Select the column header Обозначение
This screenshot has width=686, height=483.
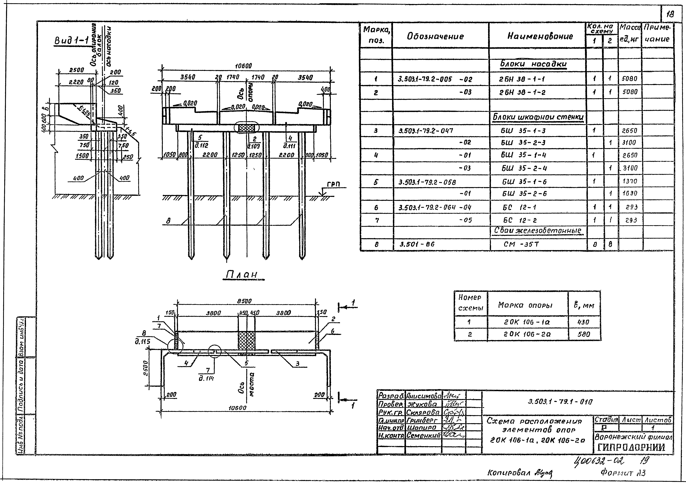(x=435, y=36)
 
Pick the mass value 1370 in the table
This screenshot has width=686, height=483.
(x=629, y=181)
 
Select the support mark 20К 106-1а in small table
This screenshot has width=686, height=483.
(x=527, y=322)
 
